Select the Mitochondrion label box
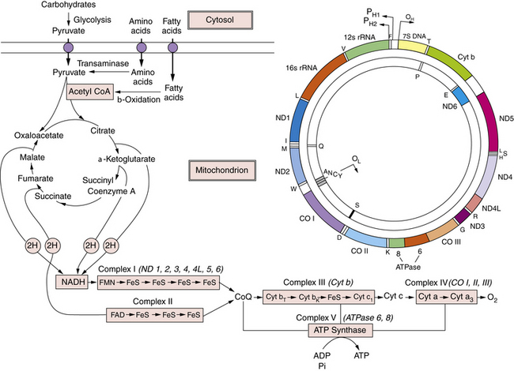[x=222, y=169]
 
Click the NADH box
[x=73, y=281]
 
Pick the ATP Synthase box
[x=346, y=329]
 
